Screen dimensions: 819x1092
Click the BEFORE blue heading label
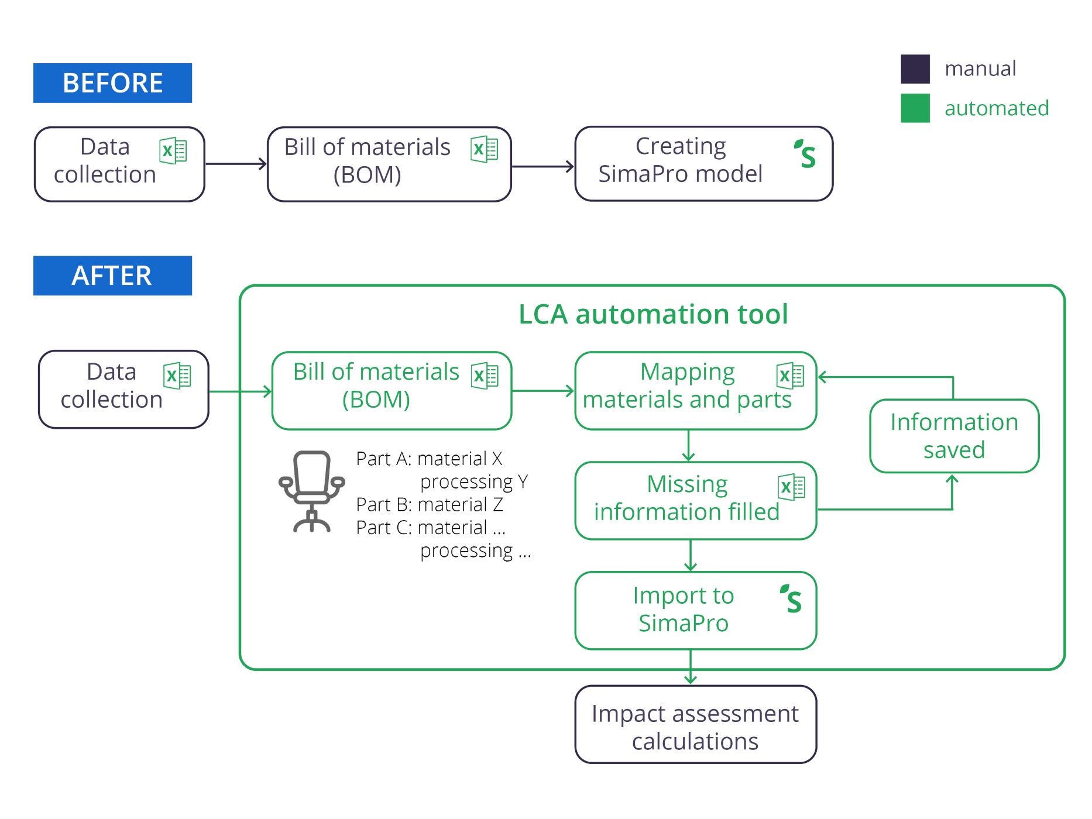pos(112,83)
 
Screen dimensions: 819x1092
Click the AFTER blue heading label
pos(112,276)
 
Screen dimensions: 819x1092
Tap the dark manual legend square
pos(915,69)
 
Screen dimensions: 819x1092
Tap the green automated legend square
pos(915,108)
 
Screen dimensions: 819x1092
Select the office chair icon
pos(311,491)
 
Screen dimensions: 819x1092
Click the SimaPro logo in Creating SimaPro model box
pos(805,154)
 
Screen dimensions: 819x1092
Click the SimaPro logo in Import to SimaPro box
pos(791,599)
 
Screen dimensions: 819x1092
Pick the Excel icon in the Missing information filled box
pos(791,487)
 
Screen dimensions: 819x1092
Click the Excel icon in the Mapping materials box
pos(790,376)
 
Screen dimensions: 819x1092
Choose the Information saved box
pos(954,436)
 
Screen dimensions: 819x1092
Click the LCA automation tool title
pos(653,314)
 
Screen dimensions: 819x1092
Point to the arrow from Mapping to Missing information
pos(689,446)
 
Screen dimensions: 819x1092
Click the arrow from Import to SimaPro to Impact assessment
pos(691,667)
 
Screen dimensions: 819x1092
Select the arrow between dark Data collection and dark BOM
pos(236,164)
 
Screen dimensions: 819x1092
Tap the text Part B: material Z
pos(429,504)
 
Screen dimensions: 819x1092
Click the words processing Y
pos(474,481)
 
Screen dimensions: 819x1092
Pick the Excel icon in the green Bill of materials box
pos(485,376)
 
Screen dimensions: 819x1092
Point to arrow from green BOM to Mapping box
pos(542,391)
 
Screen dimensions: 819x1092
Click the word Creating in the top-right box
pos(681,146)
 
